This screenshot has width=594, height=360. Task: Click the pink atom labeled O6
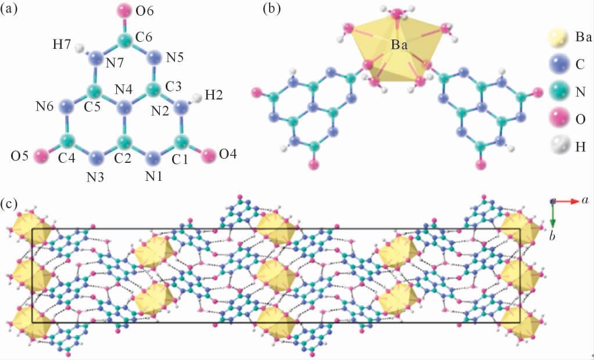tap(123, 10)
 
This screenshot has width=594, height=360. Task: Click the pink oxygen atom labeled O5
tap(41, 155)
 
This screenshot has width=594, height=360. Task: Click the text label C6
tap(146, 36)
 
